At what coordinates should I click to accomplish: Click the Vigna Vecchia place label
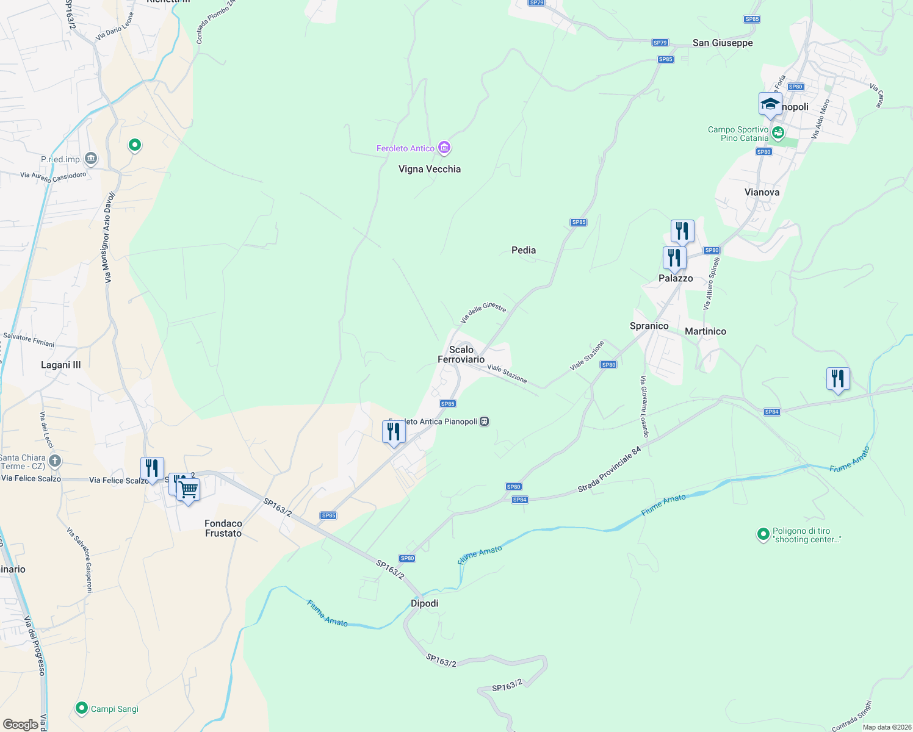point(429,169)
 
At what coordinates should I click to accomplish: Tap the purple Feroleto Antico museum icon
point(444,148)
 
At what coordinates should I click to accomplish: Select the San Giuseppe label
point(723,43)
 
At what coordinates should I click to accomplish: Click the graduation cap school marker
point(770,104)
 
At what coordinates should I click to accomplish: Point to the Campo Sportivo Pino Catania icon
point(778,132)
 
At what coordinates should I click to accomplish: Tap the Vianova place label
point(762,192)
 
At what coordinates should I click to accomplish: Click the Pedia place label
point(524,250)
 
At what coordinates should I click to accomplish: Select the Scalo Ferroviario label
point(461,354)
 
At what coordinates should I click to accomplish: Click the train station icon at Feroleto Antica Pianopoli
point(484,422)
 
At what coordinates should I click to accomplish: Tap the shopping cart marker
point(189,490)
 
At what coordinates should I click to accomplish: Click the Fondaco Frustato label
point(223,528)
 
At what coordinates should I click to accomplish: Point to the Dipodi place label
point(424,603)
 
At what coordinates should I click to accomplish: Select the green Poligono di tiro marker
point(763,534)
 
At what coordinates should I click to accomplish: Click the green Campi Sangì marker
point(81,708)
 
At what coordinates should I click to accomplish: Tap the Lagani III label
point(60,365)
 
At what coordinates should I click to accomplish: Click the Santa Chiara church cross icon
point(55,461)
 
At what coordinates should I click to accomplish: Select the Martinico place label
point(706,331)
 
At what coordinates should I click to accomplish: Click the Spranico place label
point(649,326)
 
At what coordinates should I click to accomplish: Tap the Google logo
point(20,724)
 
